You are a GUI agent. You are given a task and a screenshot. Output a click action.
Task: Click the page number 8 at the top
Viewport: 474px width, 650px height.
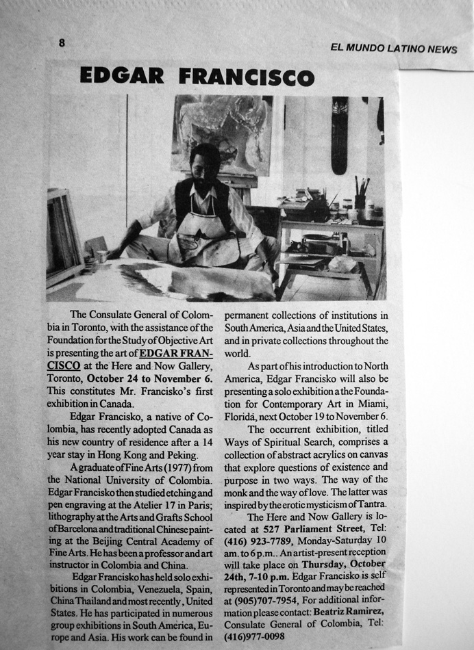coord(62,42)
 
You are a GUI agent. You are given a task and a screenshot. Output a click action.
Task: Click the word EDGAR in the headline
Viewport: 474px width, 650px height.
coord(123,75)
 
